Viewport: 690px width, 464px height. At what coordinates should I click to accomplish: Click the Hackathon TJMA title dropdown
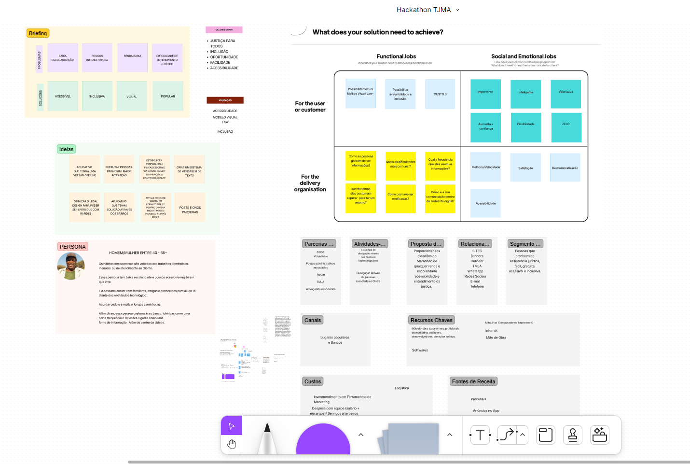click(428, 10)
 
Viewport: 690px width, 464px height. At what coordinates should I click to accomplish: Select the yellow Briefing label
click(38, 33)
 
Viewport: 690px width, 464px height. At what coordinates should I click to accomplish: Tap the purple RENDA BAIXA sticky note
click(132, 57)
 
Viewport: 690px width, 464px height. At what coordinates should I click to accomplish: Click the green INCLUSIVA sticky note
click(97, 96)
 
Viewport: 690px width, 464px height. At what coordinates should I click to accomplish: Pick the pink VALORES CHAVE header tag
click(224, 30)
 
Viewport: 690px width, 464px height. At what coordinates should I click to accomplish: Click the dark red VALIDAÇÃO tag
click(225, 100)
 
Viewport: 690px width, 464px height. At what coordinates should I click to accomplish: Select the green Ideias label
click(66, 149)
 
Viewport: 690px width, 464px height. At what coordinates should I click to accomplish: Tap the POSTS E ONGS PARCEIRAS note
click(190, 208)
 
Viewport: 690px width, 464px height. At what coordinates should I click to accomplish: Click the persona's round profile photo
click(71, 266)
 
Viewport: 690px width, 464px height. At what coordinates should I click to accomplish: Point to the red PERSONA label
click(72, 247)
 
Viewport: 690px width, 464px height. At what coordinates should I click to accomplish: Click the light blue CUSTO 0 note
click(440, 94)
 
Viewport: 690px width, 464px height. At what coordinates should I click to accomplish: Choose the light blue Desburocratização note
click(565, 168)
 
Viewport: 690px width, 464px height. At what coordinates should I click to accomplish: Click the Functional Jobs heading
click(396, 56)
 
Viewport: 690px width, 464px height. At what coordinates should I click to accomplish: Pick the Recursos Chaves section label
click(431, 320)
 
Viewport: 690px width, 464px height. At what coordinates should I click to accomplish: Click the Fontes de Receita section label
click(473, 381)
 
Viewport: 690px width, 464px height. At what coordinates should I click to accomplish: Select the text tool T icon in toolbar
click(480, 435)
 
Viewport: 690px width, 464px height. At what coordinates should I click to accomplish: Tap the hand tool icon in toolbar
click(232, 444)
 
